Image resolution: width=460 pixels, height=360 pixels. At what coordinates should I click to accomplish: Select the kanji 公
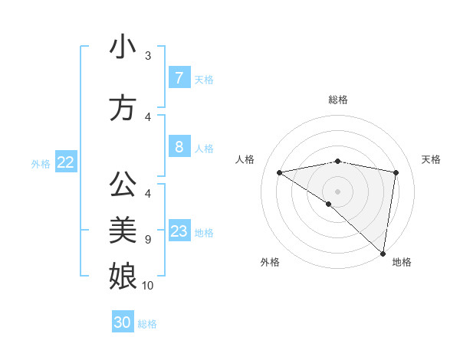pos(123,185)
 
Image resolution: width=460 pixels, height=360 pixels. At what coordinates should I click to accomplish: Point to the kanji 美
pos(123,229)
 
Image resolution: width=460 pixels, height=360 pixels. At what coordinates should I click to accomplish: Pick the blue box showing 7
pos(179,78)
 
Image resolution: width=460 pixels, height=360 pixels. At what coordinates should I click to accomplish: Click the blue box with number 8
pos(179,147)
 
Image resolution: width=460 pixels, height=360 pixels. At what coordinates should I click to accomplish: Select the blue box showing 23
pos(179,231)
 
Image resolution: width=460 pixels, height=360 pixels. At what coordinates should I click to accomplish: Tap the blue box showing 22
pos(66,162)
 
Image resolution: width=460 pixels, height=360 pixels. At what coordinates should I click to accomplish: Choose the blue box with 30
pos(123,322)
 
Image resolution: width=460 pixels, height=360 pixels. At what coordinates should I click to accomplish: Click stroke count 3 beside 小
pos(148,56)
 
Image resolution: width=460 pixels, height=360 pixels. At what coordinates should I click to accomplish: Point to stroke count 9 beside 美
pos(148,240)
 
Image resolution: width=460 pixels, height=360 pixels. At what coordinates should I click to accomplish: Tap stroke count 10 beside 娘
pos(148,286)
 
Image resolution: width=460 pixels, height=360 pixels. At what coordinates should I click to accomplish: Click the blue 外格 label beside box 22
pos(41,163)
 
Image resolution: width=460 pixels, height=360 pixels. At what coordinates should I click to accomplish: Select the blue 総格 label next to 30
pos(147,324)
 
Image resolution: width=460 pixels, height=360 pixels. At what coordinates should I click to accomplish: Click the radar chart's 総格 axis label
pos(337,100)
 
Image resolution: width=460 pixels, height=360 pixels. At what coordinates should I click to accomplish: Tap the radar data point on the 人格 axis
pos(279,172)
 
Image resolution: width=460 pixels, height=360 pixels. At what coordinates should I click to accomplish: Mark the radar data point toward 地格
pos(383,253)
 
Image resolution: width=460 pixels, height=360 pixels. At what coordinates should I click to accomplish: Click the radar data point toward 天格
pos(396,173)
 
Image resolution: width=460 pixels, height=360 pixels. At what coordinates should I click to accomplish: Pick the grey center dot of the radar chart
pos(337,190)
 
